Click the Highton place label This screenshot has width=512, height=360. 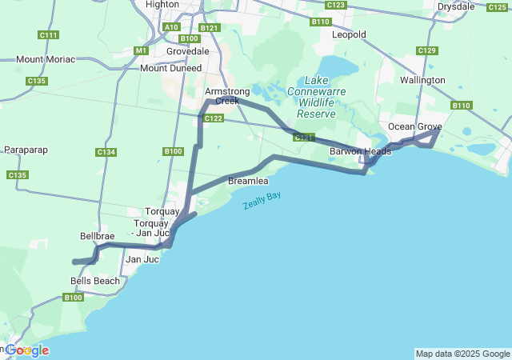(163, 5)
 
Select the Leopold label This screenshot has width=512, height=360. (348, 34)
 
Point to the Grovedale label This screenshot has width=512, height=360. (187, 51)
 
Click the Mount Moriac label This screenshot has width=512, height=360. (46, 59)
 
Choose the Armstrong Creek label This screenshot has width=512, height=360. (222, 96)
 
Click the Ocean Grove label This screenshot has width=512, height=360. (414, 126)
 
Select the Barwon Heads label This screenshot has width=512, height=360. (360, 151)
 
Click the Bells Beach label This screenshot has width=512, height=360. (95, 281)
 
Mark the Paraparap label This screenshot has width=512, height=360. (27, 150)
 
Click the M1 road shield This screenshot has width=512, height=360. (142, 50)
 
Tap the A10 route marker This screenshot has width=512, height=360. (171, 27)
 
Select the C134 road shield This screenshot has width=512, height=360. (106, 152)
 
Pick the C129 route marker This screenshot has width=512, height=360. (427, 51)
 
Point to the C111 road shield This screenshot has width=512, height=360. (48, 35)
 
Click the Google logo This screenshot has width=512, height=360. (26, 350)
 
